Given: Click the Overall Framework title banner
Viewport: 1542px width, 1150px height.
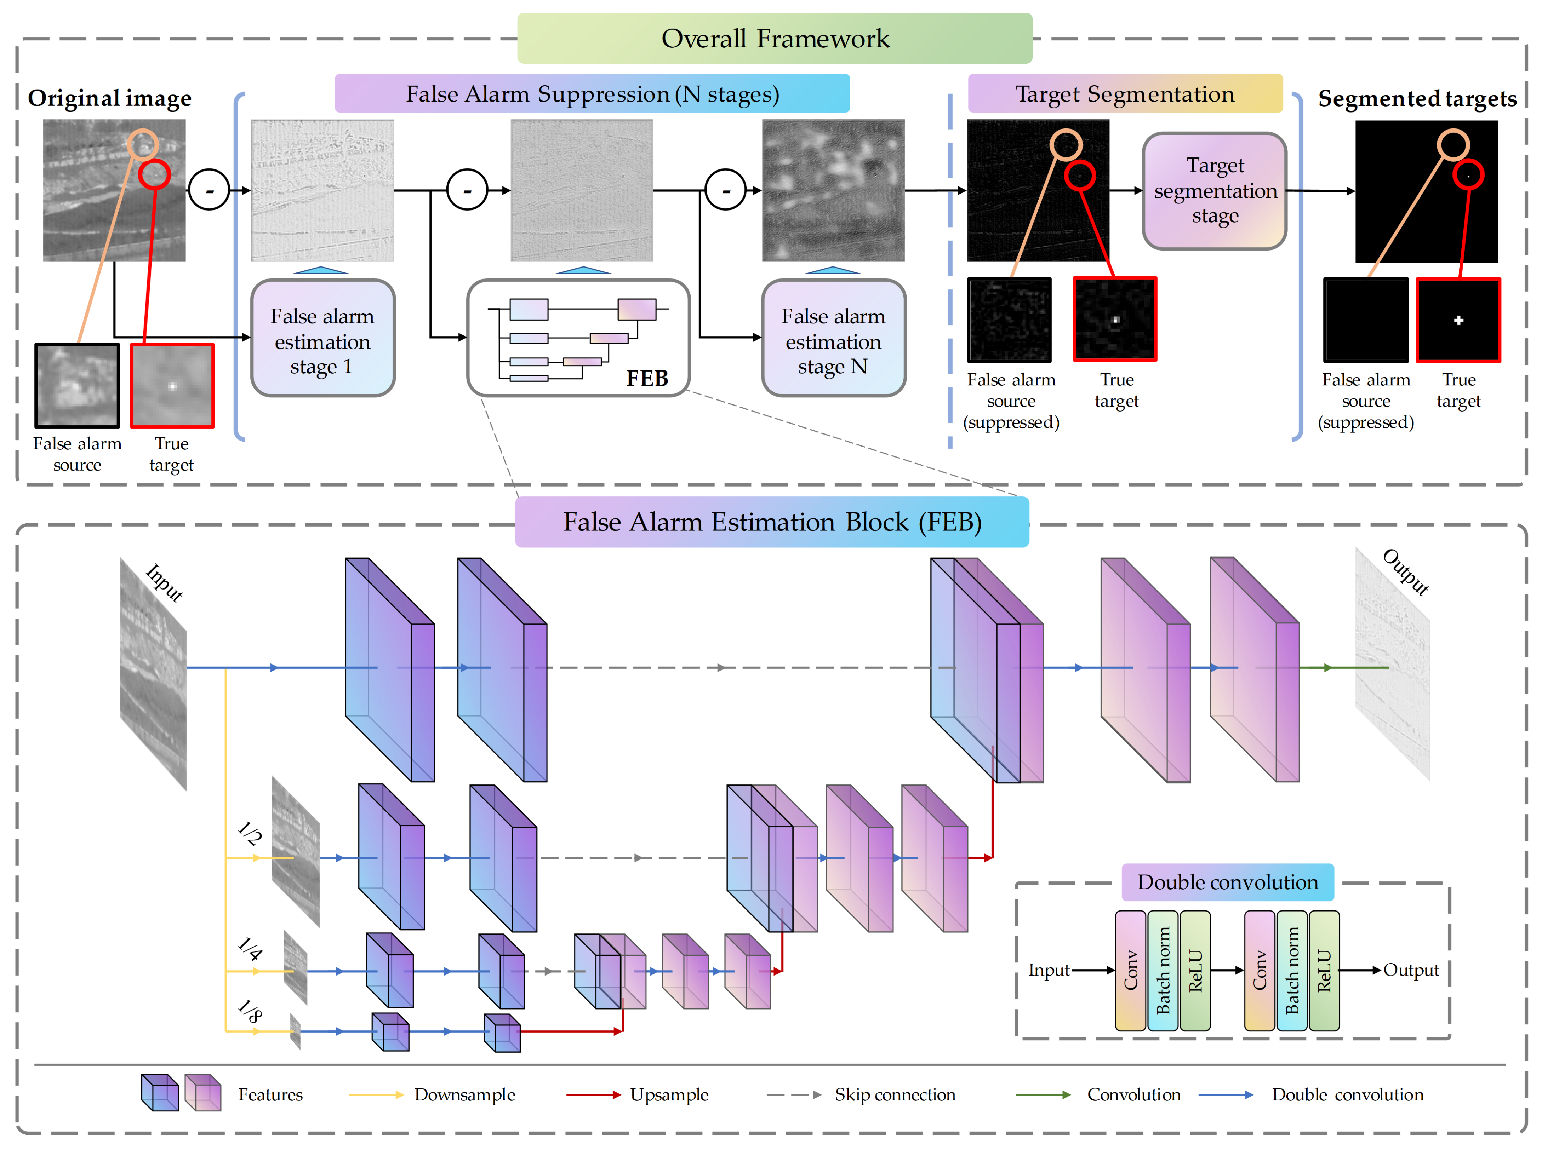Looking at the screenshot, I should pos(775,38).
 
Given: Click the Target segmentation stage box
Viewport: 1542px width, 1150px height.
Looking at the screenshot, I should pos(1215,191).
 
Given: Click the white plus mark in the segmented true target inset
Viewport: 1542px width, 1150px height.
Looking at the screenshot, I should pos(1458,320).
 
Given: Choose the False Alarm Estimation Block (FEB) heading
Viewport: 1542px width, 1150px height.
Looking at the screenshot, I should pos(772,522).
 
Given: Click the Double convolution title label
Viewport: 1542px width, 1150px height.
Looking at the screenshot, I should pos(1227,882).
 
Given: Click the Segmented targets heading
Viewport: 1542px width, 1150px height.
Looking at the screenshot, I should pos(1417,99).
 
